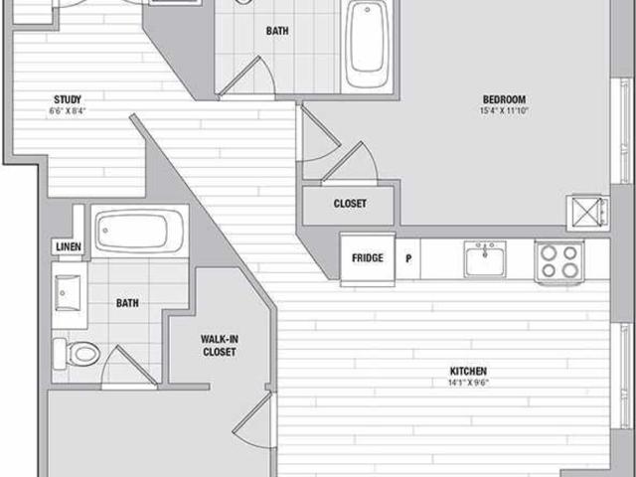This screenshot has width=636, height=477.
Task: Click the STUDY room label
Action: pyautogui.click(x=68, y=98)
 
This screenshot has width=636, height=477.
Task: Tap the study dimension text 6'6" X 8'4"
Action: pyautogui.click(x=68, y=111)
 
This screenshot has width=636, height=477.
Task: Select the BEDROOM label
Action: pyautogui.click(x=504, y=99)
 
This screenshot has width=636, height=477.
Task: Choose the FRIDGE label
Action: pyautogui.click(x=367, y=258)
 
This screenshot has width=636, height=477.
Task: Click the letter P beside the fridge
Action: pyautogui.click(x=407, y=258)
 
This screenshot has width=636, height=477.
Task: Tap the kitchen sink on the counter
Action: pyautogui.click(x=484, y=260)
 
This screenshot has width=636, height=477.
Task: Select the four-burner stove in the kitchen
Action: pyautogui.click(x=558, y=261)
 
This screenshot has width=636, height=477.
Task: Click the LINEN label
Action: pyautogui.click(x=66, y=245)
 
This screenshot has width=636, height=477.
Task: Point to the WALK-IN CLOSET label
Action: pyautogui.click(x=220, y=345)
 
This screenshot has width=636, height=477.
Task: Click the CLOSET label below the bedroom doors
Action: pyautogui.click(x=350, y=204)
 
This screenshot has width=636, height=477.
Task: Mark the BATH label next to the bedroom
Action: pyautogui.click(x=278, y=31)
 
